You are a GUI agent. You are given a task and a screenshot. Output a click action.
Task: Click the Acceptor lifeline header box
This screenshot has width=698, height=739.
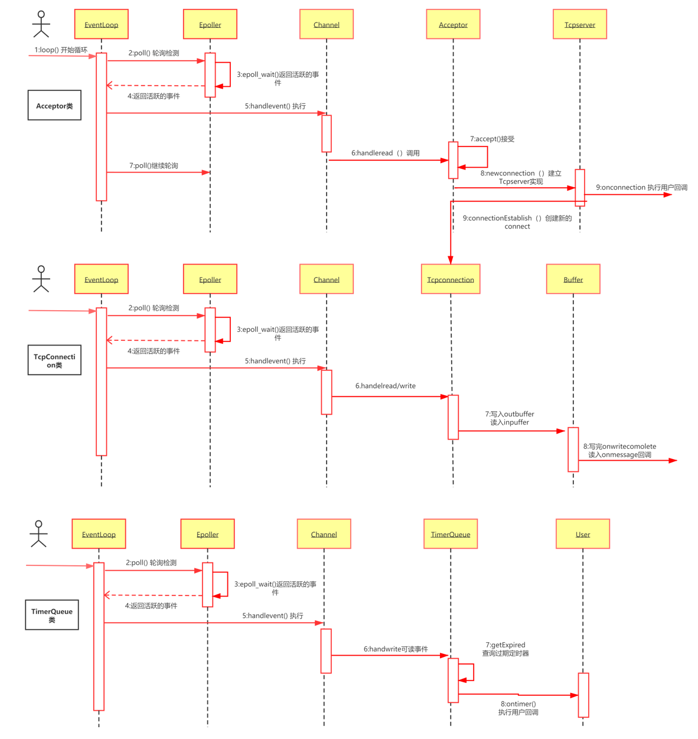[x=453, y=25]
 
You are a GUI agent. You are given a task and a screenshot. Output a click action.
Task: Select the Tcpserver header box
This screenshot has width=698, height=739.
[x=579, y=25]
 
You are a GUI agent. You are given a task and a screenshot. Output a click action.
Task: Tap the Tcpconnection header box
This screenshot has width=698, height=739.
[x=451, y=279]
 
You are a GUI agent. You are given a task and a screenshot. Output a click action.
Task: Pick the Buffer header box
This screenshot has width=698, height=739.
[x=573, y=279]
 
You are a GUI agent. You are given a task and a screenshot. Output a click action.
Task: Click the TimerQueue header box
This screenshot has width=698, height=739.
[x=451, y=534]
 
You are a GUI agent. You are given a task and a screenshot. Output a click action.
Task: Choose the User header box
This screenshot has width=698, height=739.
[x=583, y=534]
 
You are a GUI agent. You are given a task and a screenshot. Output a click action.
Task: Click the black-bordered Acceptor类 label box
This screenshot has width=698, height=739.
[x=54, y=106]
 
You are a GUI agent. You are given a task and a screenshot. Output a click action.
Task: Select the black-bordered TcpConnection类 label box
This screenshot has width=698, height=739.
[x=54, y=360]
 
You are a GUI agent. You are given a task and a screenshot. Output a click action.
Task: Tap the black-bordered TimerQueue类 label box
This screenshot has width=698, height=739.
[x=52, y=615]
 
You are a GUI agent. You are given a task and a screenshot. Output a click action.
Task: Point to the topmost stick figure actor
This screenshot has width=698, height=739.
[x=41, y=24]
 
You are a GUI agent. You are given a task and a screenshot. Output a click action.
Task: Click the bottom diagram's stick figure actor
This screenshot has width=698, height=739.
[x=38, y=533]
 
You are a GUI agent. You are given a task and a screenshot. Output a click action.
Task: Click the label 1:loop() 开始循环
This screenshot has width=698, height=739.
[x=60, y=50]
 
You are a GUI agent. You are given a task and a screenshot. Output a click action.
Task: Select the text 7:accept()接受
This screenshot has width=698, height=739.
[x=492, y=139]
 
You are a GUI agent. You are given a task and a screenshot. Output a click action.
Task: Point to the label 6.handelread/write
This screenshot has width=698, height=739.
[x=385, y=386]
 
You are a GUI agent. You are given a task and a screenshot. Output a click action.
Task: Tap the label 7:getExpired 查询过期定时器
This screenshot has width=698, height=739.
[x=505, y=649]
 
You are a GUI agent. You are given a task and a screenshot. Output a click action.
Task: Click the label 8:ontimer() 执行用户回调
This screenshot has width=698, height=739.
[x=518, y=708]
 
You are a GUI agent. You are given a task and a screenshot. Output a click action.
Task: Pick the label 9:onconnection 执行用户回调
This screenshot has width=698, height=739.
[x=641, y=187]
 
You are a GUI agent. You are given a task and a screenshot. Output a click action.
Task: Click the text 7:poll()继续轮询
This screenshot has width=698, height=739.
[x=154, y=165]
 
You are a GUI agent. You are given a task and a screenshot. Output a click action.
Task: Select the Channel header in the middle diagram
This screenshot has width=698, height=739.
[x=326, y=279]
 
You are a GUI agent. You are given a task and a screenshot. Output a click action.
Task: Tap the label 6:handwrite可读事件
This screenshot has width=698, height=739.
[x=396, y=649]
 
